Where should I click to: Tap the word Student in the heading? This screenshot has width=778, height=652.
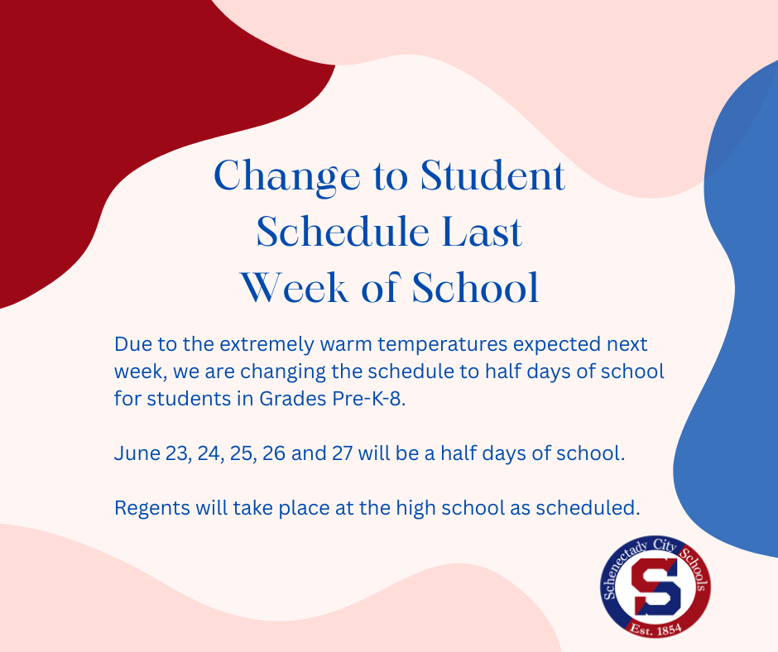(492, 175)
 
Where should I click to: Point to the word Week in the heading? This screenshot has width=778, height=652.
(294, 288)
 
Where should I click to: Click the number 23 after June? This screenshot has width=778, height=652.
(178, 453)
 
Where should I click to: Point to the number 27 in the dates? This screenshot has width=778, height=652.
(342, 453)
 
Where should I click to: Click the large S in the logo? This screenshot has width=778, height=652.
(656, 587)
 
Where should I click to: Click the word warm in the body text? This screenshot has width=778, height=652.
(346, 345)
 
